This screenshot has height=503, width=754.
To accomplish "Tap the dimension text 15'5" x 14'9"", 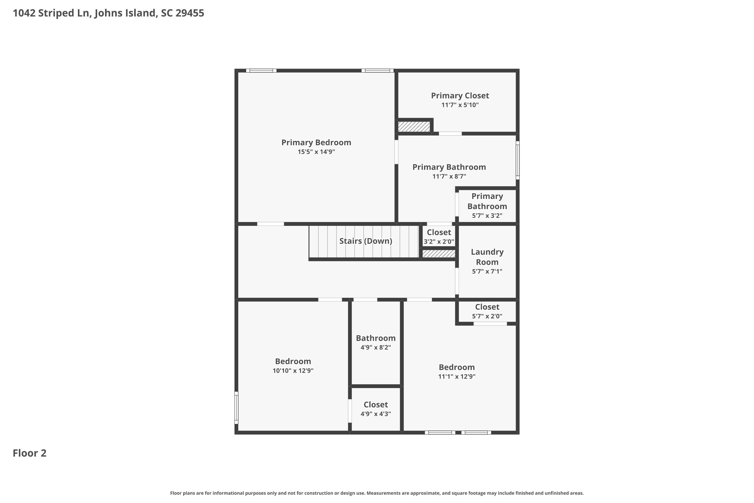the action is pyautogui.click(x=316, y=152).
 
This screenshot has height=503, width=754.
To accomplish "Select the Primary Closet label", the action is pyautogui.click(x=460, y=96).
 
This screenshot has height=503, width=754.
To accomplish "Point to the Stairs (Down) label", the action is pyautogui.click(x=365, y=241).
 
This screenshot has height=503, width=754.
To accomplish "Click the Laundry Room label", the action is pyautogui.click(x=487, y=257).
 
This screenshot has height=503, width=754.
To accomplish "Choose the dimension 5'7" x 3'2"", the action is pyautogui.click(x=487, y=216).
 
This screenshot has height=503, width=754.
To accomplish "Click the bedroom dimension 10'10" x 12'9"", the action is pyautogui.click(x=293, y=371).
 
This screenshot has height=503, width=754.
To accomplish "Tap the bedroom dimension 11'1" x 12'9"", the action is pyautogui.click(x=456, y=376).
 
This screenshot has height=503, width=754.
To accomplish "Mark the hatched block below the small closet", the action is pyautogui.click(x=439, y=254).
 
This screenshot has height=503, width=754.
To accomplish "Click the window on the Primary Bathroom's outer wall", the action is pyautogui.click(x=517, y=160).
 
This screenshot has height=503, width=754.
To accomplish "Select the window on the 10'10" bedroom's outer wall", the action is pyautogui.click(x=236, y=408).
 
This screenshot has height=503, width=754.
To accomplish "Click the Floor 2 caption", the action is pyautogui.click(x=29, y=453).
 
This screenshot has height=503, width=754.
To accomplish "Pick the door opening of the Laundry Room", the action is pyautogui.click(x=457, y=281).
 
